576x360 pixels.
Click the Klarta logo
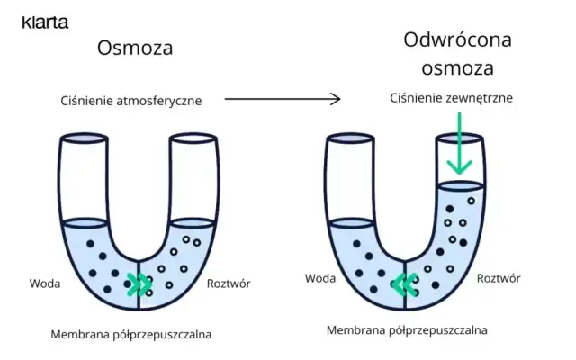click(45, 22)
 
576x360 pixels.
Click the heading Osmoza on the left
click(135, 49)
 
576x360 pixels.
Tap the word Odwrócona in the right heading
click(458, 40)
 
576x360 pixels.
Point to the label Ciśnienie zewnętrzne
click(451, 97)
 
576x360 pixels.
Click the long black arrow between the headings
click(282, 99)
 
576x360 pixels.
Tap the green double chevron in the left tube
click(138, 285)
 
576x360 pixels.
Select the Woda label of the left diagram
click(44, 283)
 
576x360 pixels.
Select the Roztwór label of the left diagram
click(228, 283)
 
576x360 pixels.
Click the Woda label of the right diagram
click(319, 278)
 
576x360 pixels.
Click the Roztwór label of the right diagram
click(498, 278)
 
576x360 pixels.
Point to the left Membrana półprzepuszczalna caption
click(130, 335)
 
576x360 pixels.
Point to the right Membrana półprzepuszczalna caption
click(408, 330)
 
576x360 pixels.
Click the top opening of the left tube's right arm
click(193, 139)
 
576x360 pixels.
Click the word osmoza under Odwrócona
click(458, 68)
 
